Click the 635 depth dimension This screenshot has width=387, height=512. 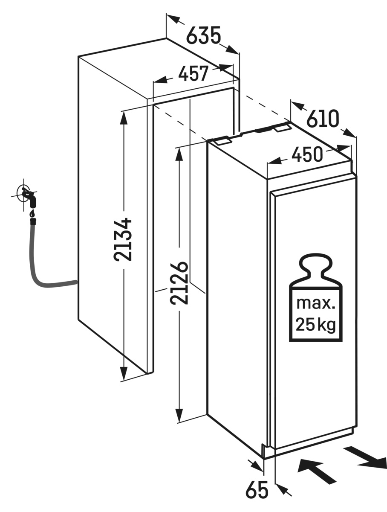click(203, 36)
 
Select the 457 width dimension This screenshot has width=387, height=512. click(193, 74)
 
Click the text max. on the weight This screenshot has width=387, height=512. click(316, 304)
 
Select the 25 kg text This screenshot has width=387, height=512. click(316, 325)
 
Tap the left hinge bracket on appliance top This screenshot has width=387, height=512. click(223, 141)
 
